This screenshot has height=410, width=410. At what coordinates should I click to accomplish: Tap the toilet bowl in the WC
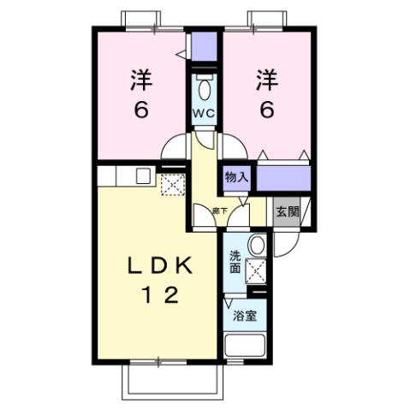pyautogui.click(x=204, y=89)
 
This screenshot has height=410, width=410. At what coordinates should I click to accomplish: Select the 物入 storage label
pyautogui.click(x=237, y=177)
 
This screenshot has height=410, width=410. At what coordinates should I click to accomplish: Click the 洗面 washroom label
pyautogui.click(x=235, y=261)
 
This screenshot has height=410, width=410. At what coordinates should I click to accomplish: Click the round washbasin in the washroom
pyautogui.click(x=256, y=246)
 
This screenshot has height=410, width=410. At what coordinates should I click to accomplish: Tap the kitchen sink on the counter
pyautogui.click(x=143, y=177)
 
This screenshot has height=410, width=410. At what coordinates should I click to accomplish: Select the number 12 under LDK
pyautogui.click(x=160, y=297)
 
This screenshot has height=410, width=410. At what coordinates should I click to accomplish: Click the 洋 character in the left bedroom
pyautogui.click(x=140, y=80)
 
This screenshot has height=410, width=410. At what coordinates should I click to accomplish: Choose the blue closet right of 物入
pyautogui.click(x=283, y=178)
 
